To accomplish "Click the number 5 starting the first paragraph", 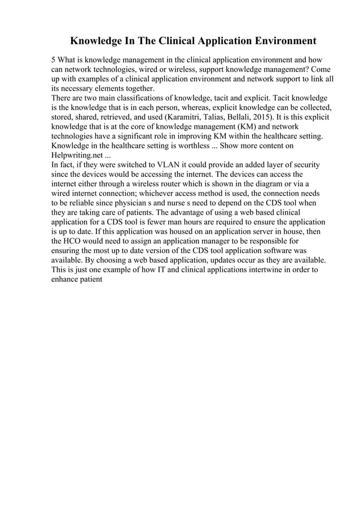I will [x=54, y=59].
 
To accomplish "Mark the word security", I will [x=305, y=165].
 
